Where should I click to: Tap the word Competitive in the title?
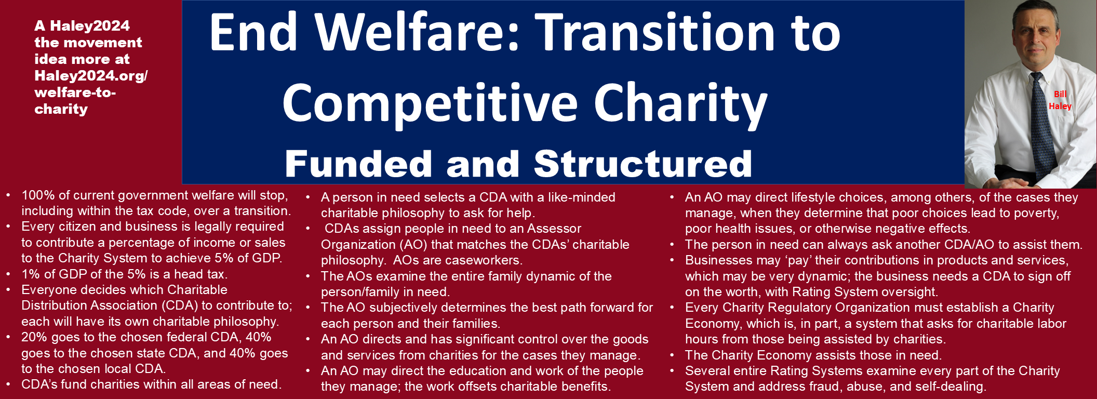[x=430, y=103]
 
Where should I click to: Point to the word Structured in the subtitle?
[x=643, y=164]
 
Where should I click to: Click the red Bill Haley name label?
[x=1060, y=100]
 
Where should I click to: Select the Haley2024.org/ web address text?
[x=91, y=76]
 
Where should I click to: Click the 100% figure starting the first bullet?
[x=38, y=195]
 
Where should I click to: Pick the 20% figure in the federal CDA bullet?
[x=34, y=337]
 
